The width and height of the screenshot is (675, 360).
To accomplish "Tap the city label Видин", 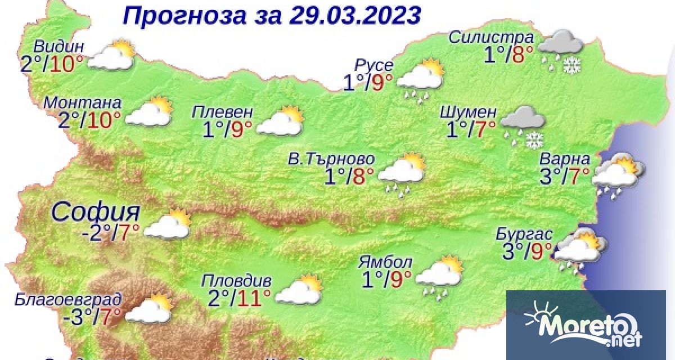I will point(59,46).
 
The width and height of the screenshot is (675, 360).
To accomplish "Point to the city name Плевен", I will point(222,110).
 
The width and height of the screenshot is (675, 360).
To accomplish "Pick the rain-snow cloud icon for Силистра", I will point(560,50).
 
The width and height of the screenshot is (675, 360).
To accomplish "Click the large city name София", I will point(96,212).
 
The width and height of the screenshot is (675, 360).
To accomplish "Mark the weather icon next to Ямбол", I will point(439,275).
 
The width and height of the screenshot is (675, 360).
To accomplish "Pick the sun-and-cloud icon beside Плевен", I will point(280,121).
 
